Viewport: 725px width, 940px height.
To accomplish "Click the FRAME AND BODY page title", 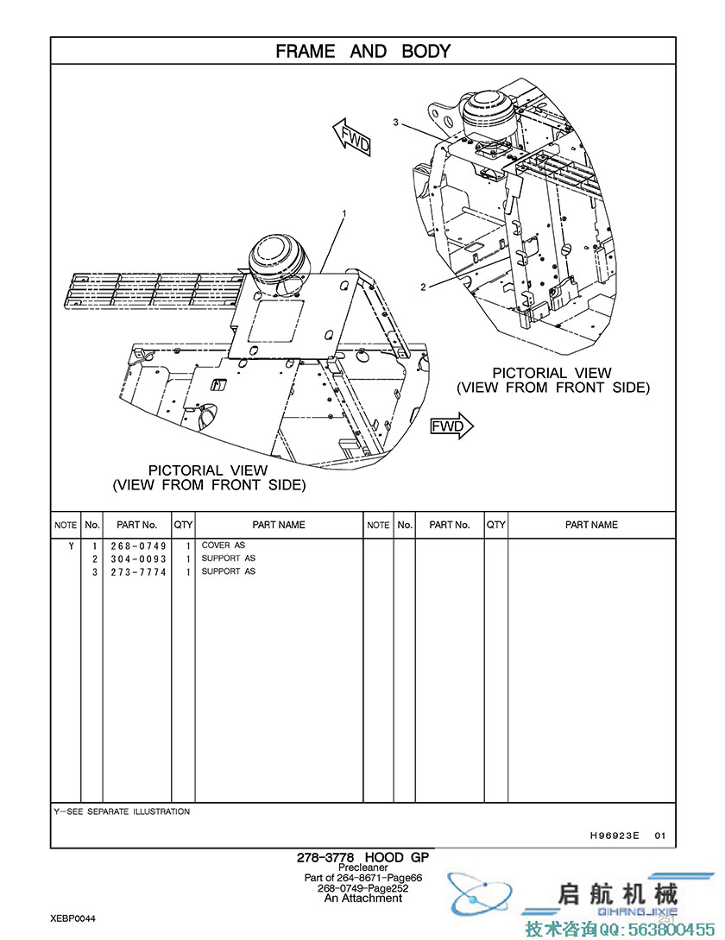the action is pos(362,52).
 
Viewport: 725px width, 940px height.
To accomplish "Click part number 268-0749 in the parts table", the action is pos(138,546).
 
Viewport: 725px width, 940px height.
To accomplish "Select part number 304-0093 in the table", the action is pos(138,559).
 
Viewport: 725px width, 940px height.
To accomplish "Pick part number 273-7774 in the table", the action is pos(138,572).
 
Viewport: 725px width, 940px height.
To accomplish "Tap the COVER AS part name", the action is pos(223,546).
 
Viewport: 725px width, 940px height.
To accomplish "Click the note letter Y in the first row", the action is pos(72,546).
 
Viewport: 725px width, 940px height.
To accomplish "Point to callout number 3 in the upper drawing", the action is pos(396,123).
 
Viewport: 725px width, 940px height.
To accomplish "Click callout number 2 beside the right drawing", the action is pos(423,287).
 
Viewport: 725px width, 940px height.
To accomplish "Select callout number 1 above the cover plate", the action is pos(344,213).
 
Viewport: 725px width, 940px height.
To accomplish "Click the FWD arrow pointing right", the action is pos(452,426).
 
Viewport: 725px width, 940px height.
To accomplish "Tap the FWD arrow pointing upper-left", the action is pos(352,137).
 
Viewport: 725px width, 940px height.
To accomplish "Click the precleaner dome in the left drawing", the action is pos(278,264).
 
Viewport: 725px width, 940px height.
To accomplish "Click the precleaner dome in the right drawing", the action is pos(489,116).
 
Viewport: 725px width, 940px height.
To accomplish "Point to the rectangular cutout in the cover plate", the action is pos(276,322).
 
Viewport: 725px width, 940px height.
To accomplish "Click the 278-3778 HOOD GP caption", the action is pos(362,857).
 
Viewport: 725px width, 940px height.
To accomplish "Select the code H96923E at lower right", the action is pos(615,835).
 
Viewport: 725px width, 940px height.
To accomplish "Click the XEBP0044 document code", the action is pos(72,918).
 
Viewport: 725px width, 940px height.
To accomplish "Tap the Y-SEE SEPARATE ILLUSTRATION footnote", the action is pos(122,811).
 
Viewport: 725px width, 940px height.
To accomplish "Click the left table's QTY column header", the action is pos(183,525).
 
